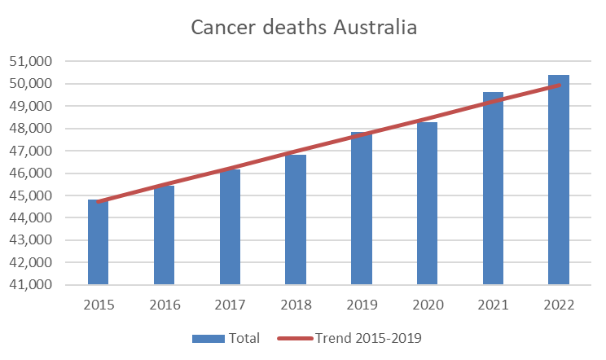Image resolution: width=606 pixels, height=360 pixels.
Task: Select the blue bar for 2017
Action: (231, 227)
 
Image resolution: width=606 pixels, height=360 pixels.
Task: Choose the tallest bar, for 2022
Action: (559, 180)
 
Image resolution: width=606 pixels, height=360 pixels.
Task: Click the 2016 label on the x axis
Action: (165, 305)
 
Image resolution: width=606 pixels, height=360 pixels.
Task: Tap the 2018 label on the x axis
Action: (296, 305)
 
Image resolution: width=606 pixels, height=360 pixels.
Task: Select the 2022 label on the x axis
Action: (559, 305)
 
